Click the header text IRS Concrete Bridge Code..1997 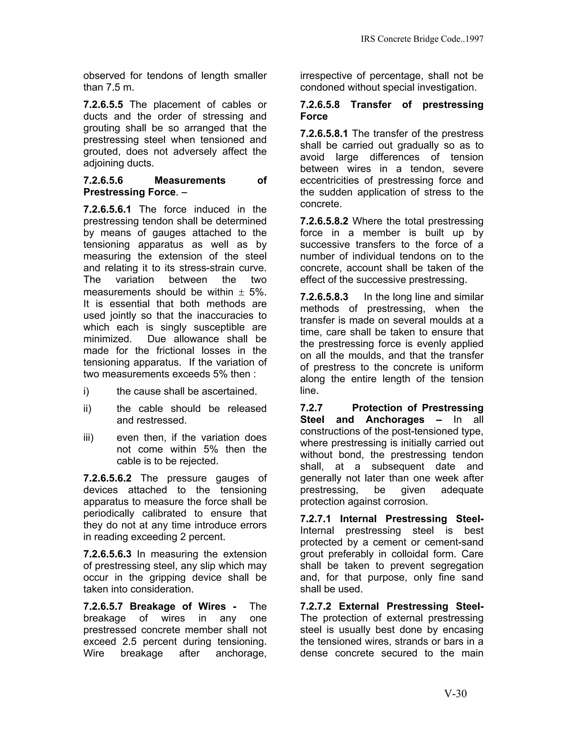[x=422, y=39]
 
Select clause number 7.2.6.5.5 [x=103, y=105]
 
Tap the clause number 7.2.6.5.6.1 [x=107, y=209]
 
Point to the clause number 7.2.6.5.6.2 [x=107, y=478]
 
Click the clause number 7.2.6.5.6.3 [x=107, y=554]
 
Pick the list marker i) [x=86, y=391]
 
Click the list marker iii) [x=88, y=438]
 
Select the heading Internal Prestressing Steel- [x=411, y=519]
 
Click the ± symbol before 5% [x=241, y=292]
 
